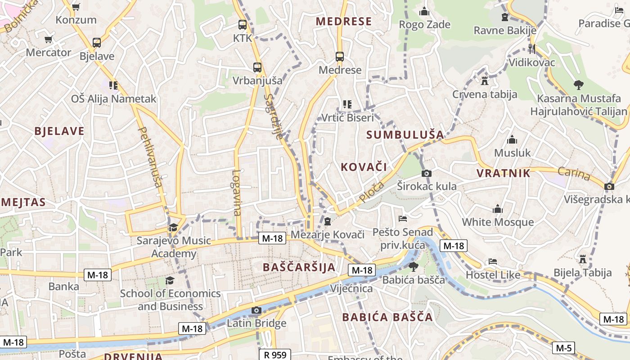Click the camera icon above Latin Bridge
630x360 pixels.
coord(256,310)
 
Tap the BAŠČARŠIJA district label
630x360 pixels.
coord(299,267)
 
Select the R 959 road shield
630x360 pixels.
coord(275,355)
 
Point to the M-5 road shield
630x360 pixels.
coord(563,348)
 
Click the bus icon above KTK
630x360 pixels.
coord(243,25)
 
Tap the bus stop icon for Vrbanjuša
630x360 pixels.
coord(257,67)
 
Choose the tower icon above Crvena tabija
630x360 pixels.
coord(485,81)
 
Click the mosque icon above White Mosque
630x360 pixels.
coord(497,209)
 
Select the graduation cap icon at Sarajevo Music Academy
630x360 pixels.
coord(173,227)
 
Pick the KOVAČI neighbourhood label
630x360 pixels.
coord(364,167)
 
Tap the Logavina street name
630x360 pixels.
coord(237,192)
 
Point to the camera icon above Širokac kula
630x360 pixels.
coord(427,173)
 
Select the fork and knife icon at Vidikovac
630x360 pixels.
coord(532,49)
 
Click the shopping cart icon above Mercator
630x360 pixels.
coord(49,40)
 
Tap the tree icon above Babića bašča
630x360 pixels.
coord(413,267)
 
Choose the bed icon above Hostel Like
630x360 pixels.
coord(493,261)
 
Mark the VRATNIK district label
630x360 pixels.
coord(503,173)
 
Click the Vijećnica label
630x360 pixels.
coord(351,288)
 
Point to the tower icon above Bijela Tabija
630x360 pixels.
coord(583,259)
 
